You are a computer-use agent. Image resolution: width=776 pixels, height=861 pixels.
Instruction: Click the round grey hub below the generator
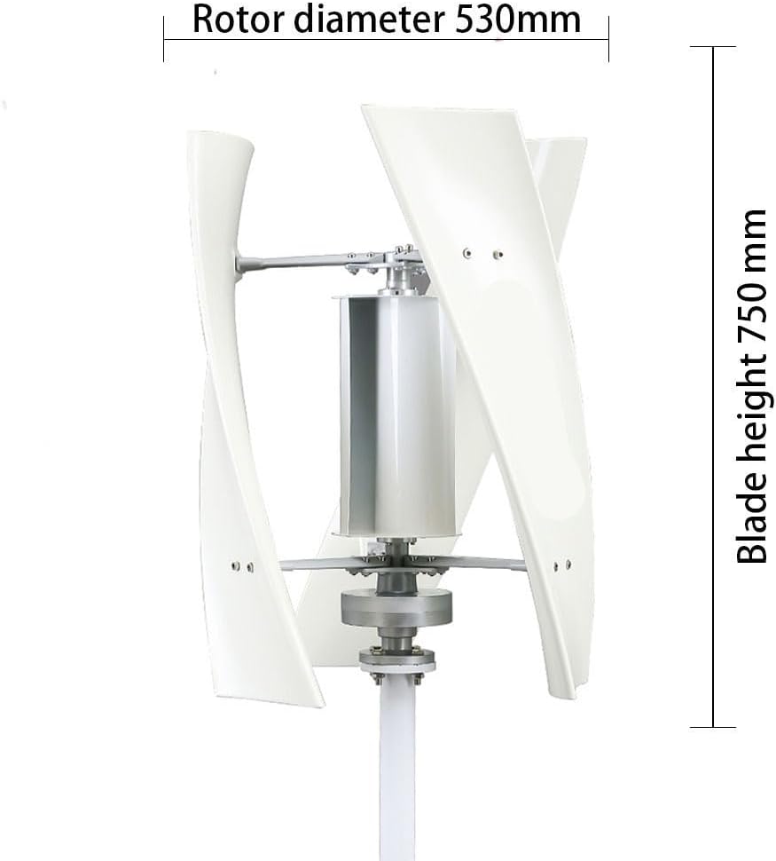pyautogui.click(x=396, y=609)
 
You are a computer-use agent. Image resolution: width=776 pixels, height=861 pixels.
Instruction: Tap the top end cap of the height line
pyautogui.click(x=713, y=47)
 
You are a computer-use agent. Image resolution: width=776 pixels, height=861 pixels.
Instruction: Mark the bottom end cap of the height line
pyautogui.click(x=713, y=726)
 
